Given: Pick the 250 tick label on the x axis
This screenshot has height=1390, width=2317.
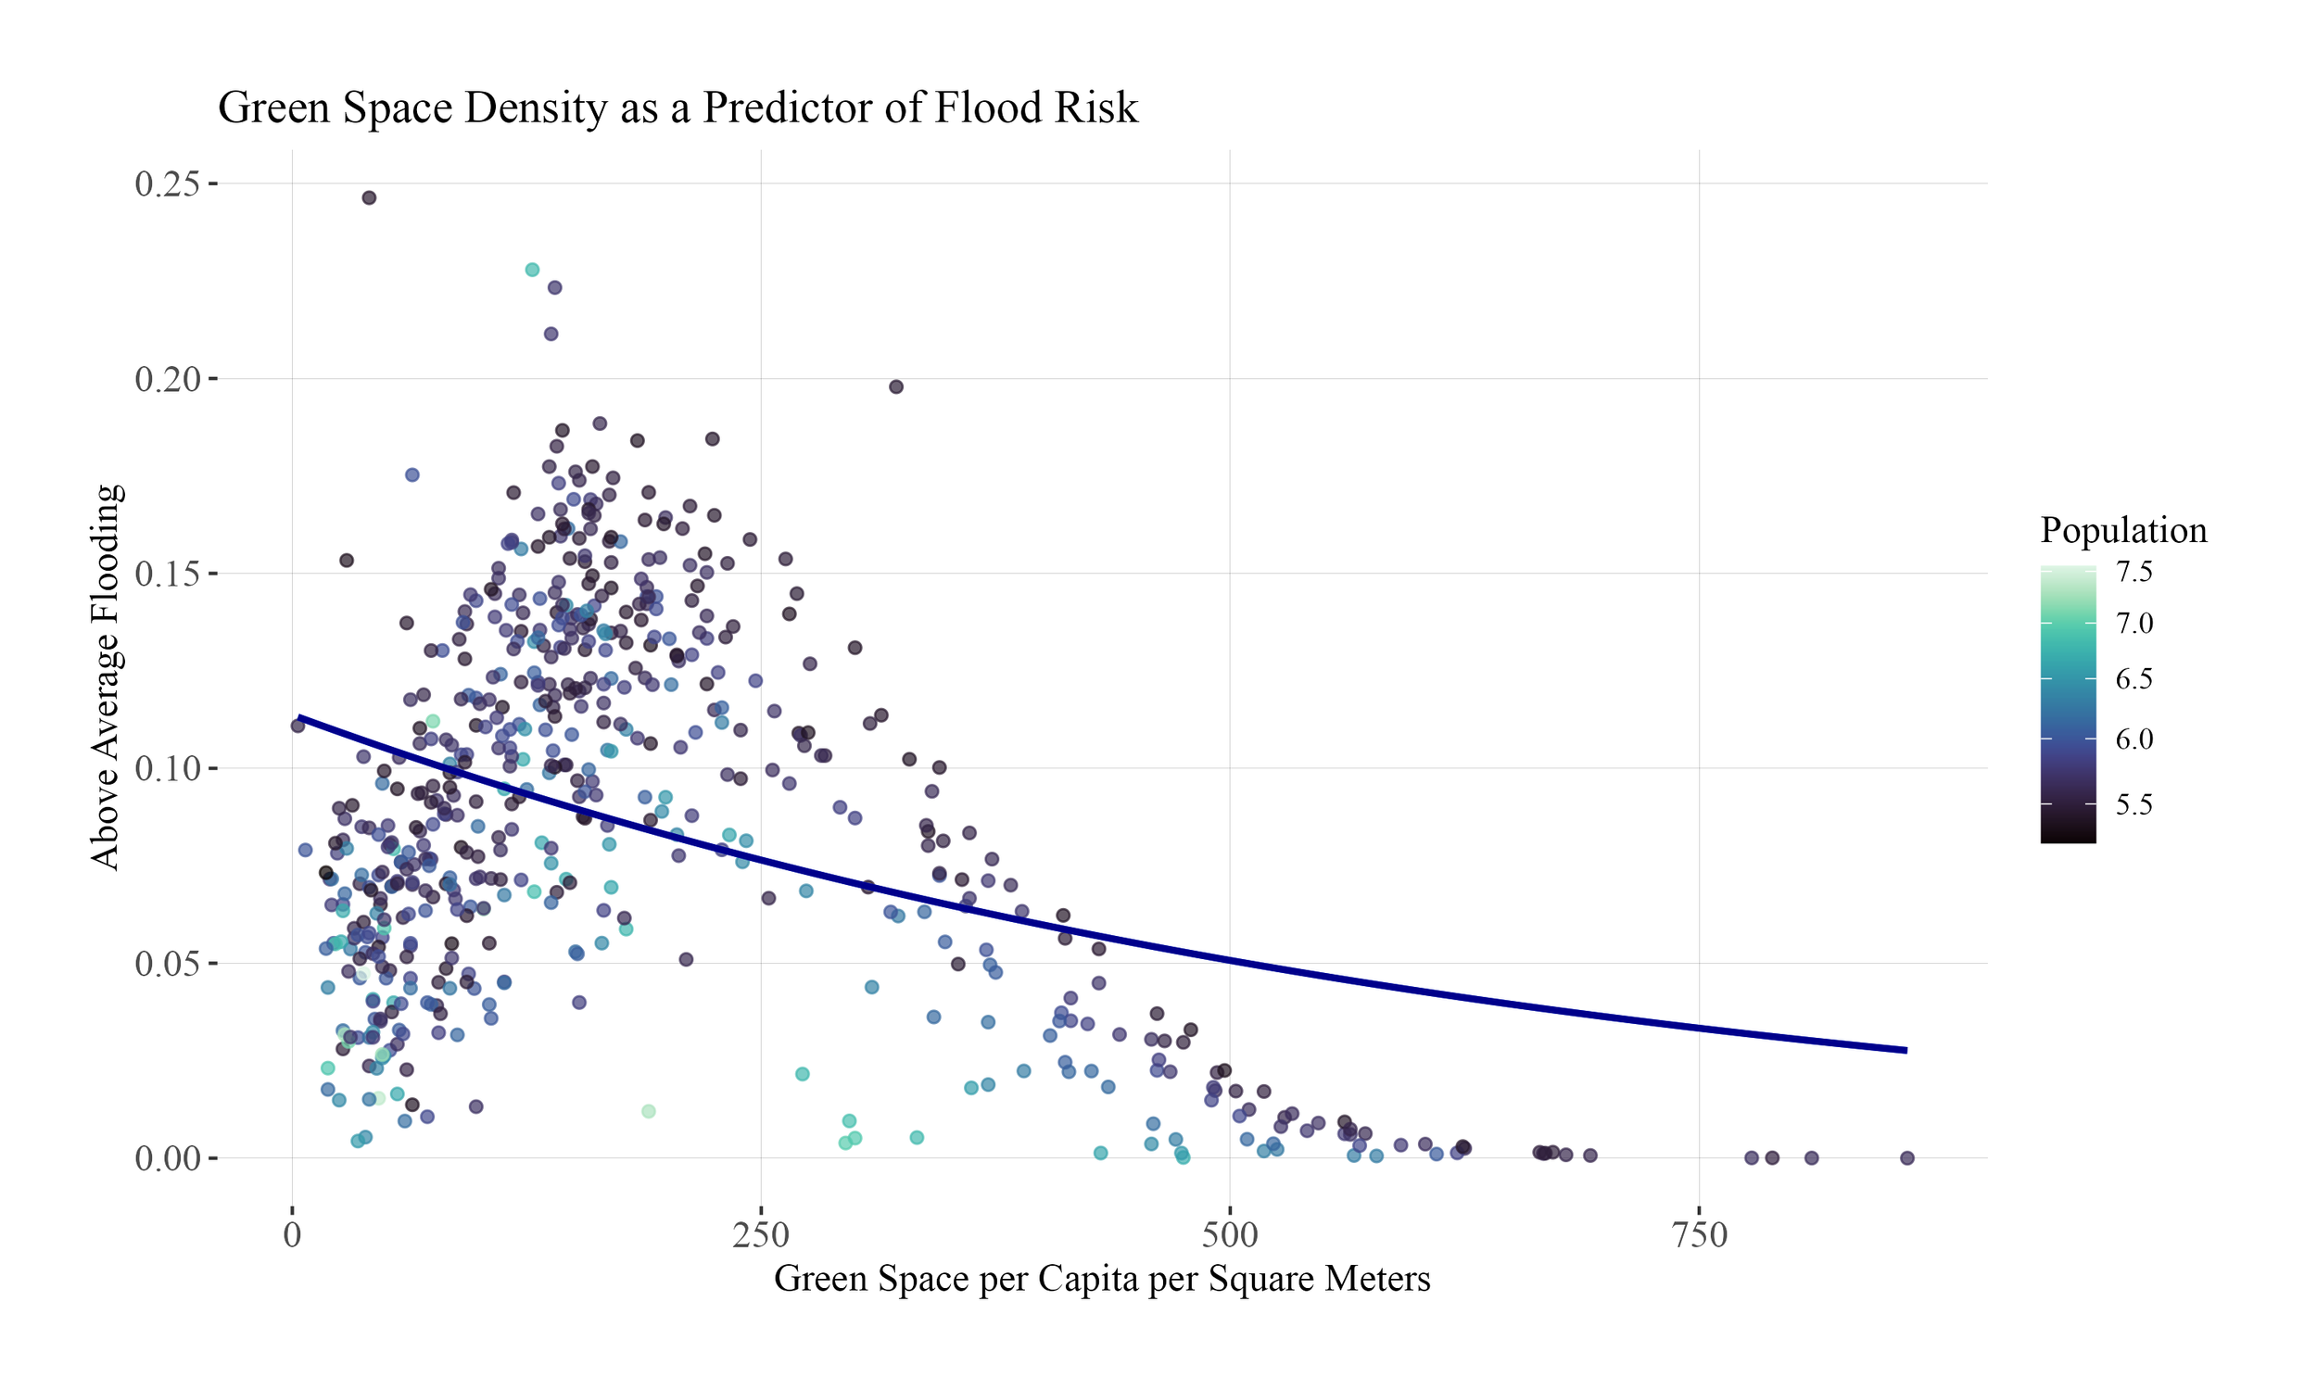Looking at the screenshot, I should tap(761, 1236).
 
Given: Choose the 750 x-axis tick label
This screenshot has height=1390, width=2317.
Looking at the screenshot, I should tap(1698, 1236).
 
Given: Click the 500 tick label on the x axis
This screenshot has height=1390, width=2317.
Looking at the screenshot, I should tap(1229, 1236).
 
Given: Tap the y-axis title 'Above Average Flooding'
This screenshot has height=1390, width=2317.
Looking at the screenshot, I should tap(106, 676).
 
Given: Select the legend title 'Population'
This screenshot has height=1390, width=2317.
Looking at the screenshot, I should tap(2123, 531).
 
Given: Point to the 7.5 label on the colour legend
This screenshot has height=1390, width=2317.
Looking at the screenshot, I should tap(2133, 573).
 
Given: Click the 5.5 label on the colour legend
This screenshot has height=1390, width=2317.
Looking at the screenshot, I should tap(2133, 804).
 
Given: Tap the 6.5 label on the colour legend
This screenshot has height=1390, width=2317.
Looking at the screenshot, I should tap(2133, 679).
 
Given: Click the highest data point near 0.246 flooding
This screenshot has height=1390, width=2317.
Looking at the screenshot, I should tap(369, 197).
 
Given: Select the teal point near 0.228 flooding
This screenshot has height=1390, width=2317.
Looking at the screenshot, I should tap(532, 270).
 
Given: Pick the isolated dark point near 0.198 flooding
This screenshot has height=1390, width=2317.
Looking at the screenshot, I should tap(895, 386).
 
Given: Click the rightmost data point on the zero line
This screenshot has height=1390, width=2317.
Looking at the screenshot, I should tap(1906, 1157).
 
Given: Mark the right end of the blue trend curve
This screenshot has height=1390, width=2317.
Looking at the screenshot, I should tap(1905, 1050).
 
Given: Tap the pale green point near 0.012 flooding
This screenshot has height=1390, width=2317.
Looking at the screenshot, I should tap(648, 1111).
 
